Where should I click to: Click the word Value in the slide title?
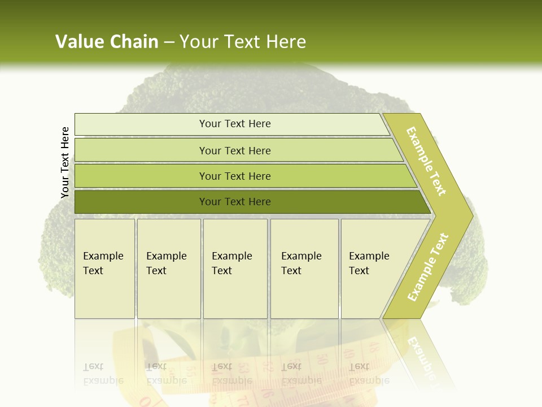pyautogui.click(x=80, y=42)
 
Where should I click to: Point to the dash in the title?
pyautogui.click(x=169, y=42)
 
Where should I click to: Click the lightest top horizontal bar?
pyautogui.click(x=234, y=124)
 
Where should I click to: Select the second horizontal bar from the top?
pyautogui.click(x=234, y=150)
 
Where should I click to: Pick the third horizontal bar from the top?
pyautogui.click(x=234, y=176)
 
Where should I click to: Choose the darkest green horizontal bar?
pyautogui.click(x=234, y=202)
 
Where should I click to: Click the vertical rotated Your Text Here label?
pyautogui.click(x=65, y=162)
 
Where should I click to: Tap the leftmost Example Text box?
pyautogui.click(x=104, y=269)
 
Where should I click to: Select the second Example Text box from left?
pyautogui.click(x=168, y=269)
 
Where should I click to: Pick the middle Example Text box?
pyautogui.click(x=235, y=269)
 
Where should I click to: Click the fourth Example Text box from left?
pyautogui.click(x=304, y=269)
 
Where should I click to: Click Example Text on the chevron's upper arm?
pyautogui.click(x=426, y=161)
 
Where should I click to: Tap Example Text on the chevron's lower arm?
pyautogui.click(x=428, y=267)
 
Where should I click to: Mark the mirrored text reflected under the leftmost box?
pyautogui.click(x=103, y=374)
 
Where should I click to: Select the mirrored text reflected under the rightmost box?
pyautogui.click(x=369, y=374)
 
